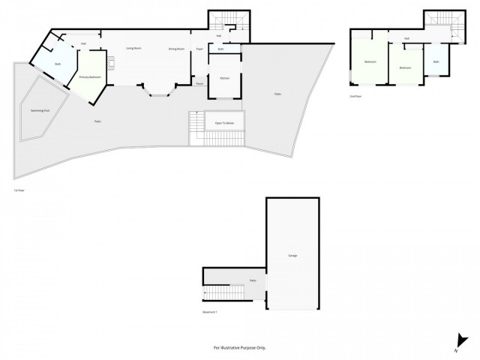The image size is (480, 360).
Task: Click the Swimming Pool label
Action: (x=40, y=110)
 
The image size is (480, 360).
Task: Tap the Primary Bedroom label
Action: (x=90, y=76)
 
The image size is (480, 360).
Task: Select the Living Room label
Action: (x=134, y=49)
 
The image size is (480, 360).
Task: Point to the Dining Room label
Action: (x=177, y=49)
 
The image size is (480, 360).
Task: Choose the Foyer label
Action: (x=199, y=49)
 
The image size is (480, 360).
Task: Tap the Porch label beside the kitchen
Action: (x=199, y=83)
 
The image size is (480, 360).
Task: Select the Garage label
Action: (x=292, y=256)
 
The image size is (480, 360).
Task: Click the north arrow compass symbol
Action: (x=457, y=342)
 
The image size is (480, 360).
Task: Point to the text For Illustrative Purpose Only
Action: (x=239, y=347)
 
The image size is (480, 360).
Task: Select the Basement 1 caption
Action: (x=210, y=311)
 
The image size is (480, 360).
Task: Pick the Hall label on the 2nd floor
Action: (x=406, y=38)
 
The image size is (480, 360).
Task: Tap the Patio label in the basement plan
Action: (x=253, y=280)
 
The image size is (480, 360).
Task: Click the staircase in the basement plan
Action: (x=217, y=295)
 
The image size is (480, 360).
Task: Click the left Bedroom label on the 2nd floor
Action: (x=370, y=61)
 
